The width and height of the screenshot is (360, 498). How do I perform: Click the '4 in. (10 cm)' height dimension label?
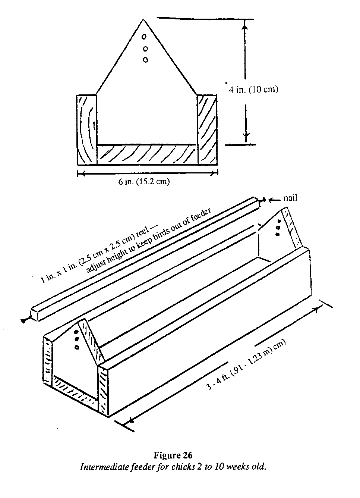253,90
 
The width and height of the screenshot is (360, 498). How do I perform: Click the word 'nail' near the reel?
290,198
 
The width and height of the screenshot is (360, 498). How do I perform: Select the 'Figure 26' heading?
173,455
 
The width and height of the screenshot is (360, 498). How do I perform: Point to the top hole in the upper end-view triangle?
145,37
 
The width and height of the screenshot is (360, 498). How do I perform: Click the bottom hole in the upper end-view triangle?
145,59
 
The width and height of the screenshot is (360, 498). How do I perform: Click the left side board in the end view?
87,129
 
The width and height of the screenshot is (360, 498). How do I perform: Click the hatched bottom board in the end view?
147,154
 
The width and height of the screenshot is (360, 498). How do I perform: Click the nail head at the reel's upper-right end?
263,200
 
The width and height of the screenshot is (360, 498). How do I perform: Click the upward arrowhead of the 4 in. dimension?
244,25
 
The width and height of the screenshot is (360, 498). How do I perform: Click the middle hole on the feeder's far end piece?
278,227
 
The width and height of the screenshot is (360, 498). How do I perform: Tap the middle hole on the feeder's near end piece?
77,339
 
